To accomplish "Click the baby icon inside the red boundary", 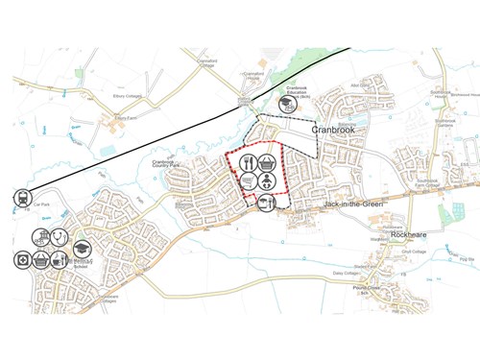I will point(269,180).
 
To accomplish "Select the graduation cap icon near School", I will point(82,249).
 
